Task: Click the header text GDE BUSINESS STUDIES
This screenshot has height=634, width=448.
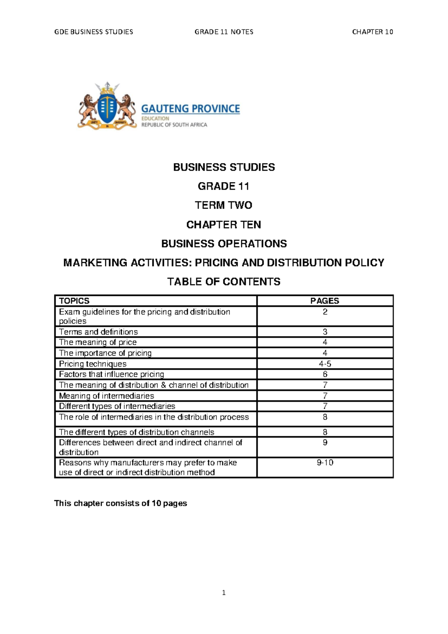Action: pyautogui.click(x=94, y=32)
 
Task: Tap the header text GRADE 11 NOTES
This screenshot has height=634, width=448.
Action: pyautogui.click(x=224, y=32)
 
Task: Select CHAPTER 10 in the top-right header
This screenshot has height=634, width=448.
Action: pyautogui.click(x=372, y=32)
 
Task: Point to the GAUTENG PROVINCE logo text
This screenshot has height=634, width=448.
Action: pyautogui.click(x=190, y=109)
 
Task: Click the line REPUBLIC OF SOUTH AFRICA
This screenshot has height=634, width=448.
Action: pyautogui.click(x=174, y=125)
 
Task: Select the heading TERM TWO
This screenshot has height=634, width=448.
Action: pyautogui.click(x=224, y=205)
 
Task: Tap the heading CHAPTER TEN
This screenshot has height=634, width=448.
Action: pyautogui.click(x=224, y=225)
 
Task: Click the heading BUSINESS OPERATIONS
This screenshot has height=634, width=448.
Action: pyautogui.click(x=224, y=244)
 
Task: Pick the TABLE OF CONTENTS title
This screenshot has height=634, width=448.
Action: pyautogui.click(x=224, y=282)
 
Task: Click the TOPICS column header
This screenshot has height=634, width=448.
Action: pyautogui.click(x=74, y=301)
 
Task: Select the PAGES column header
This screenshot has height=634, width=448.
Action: pyautogui.click(x=325, y=301)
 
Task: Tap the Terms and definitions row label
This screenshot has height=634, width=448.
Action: pyautogui.click(x=98, y=332)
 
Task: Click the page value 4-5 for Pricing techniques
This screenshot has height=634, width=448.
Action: pyautogui.click(x=325, y=364)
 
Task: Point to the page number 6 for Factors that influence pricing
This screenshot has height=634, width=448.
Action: pyautogui.click(x=325, y=374)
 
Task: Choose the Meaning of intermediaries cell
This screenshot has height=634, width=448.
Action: pyautogui.click(x=106, y=396)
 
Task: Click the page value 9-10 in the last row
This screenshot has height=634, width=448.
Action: pyautogui.click(x=325, y=463)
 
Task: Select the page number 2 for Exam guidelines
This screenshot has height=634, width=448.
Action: pyautogui.click(x=325, y=312)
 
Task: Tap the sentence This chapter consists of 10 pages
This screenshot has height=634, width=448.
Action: pyautogui.click(x=121, y=504)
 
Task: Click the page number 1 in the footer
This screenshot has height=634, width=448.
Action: pyautogui.click(x=224, y=593)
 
